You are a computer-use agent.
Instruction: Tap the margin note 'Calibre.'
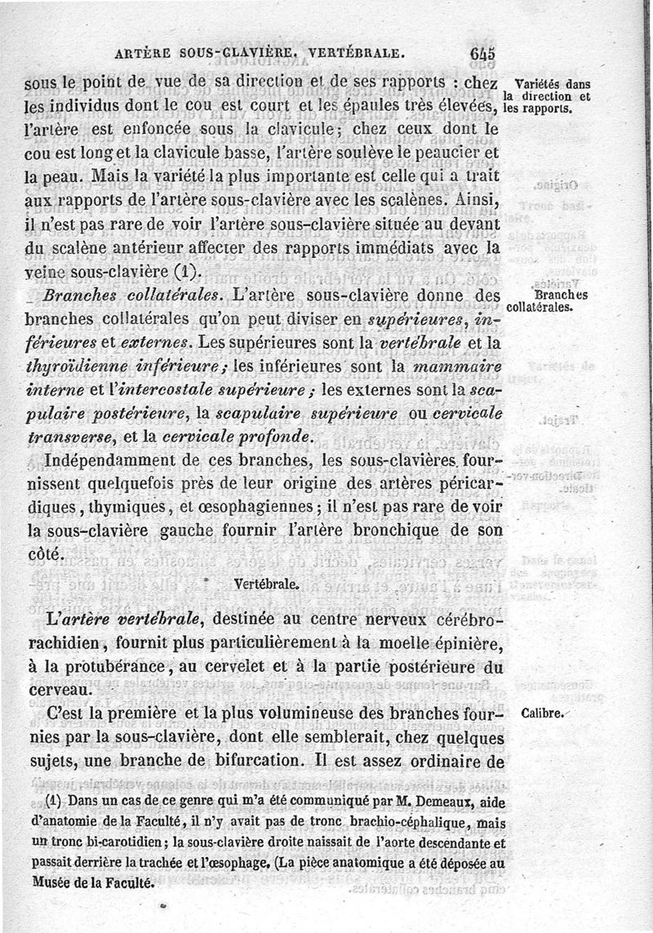pyautogui.click(x=543, y=713)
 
